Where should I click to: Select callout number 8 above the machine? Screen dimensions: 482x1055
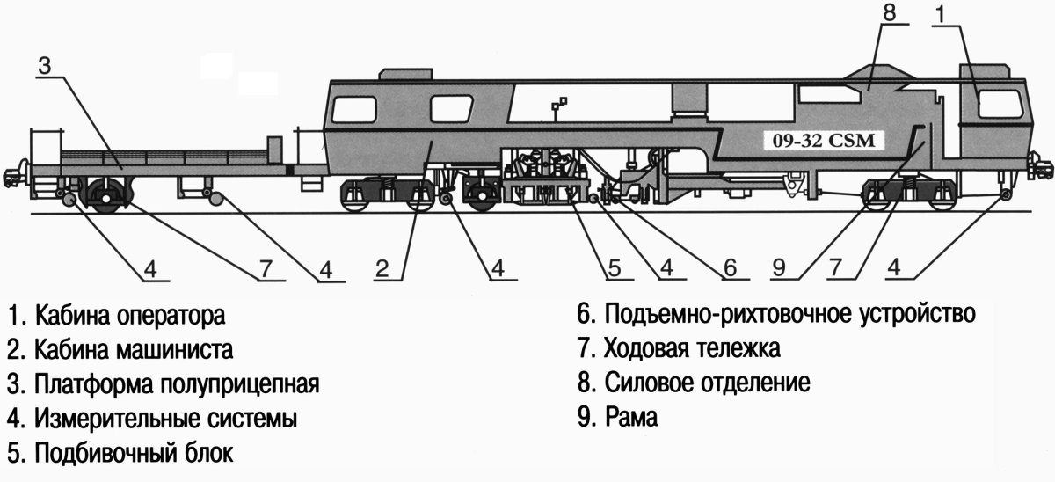[x=888, y=15]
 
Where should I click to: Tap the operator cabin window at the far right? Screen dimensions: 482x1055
[x=1000, y=106]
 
